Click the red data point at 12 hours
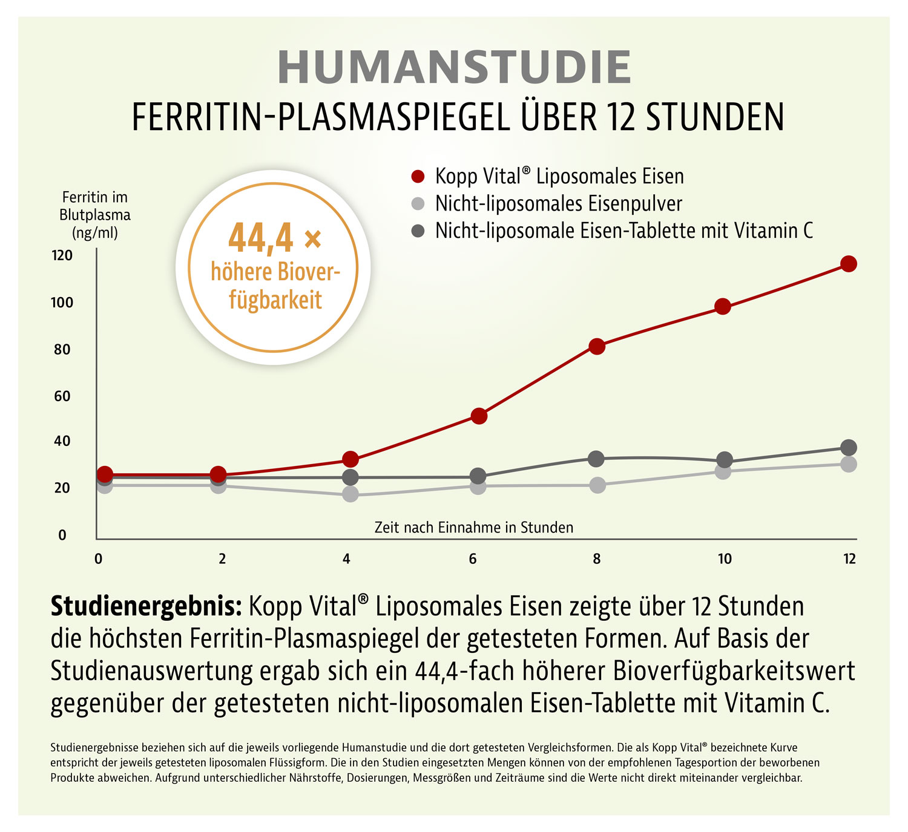click(848, 263)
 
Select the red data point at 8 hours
click(597, 347)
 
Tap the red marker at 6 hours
click(479, 416)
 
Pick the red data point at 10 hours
click(722, 306)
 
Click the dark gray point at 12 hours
click(848, 448)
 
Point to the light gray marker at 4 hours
click(350, 494)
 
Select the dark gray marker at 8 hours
click(596, 459)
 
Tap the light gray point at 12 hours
click(848, 464)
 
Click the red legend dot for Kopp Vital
click(418, 177)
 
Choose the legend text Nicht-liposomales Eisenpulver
click(558, 204)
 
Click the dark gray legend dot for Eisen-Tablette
click(418, 231)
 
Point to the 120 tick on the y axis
click(62, 255)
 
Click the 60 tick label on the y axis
click(62, 396)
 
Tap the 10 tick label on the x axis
click(724, 558)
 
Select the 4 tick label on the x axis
click(346, 558)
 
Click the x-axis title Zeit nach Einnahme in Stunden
click(473, 528)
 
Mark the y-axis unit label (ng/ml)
click(95, 233)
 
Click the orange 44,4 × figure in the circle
click(275, 238)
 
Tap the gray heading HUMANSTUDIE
click(454, 67)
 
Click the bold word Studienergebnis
click(146, 606)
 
